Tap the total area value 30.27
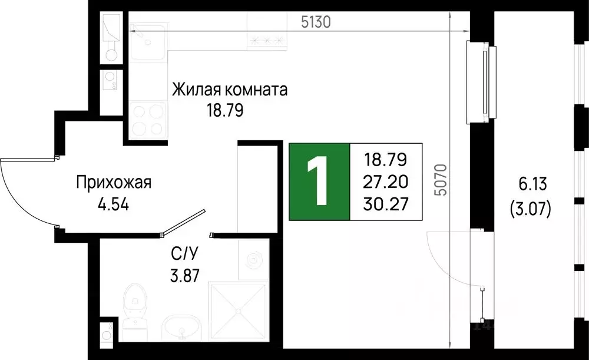pos(386,203)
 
